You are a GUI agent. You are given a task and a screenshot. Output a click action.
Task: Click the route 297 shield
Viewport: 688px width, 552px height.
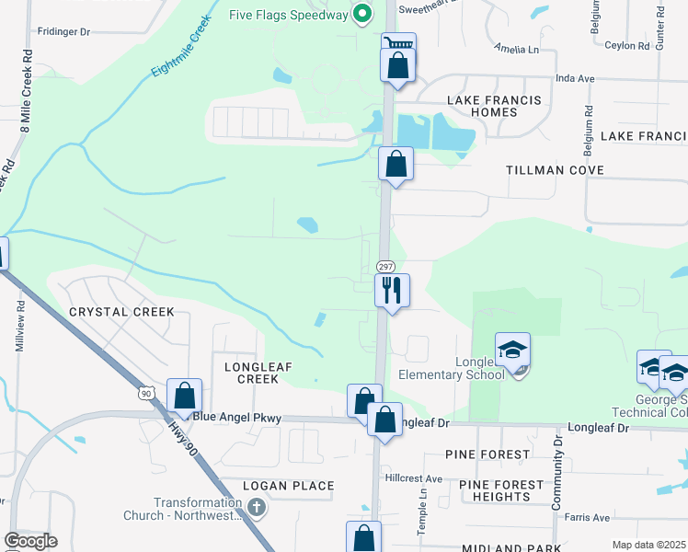[385, 265]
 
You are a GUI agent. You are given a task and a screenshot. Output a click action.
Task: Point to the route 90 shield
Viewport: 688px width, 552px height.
[146, 393]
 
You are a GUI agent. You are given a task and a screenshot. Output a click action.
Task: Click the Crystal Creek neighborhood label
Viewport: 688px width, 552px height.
[121, 312]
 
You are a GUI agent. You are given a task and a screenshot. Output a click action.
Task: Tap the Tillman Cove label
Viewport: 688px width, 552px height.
[556, 170]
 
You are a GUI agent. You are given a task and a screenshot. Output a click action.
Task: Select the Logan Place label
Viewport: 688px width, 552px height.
[289, 486]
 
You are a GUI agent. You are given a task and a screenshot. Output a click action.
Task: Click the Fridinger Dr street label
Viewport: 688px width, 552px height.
[63, 31]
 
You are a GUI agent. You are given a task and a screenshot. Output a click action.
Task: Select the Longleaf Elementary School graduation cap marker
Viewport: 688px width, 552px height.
[513, 350]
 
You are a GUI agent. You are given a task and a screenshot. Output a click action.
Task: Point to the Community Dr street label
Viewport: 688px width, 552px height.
[557, 478]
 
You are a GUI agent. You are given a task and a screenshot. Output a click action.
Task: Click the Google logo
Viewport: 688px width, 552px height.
[30, 541]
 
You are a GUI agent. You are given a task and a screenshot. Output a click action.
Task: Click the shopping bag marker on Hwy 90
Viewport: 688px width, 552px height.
[184, 396]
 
